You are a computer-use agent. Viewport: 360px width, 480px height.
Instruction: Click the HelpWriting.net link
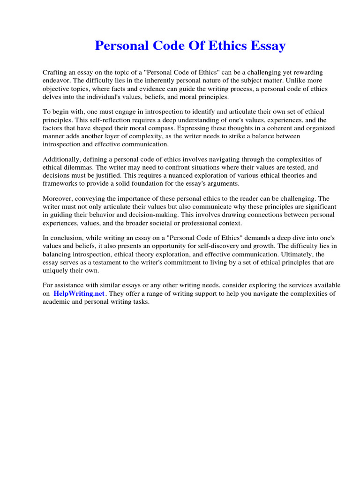[79, 293]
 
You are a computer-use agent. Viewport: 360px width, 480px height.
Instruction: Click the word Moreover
[57, 199]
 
